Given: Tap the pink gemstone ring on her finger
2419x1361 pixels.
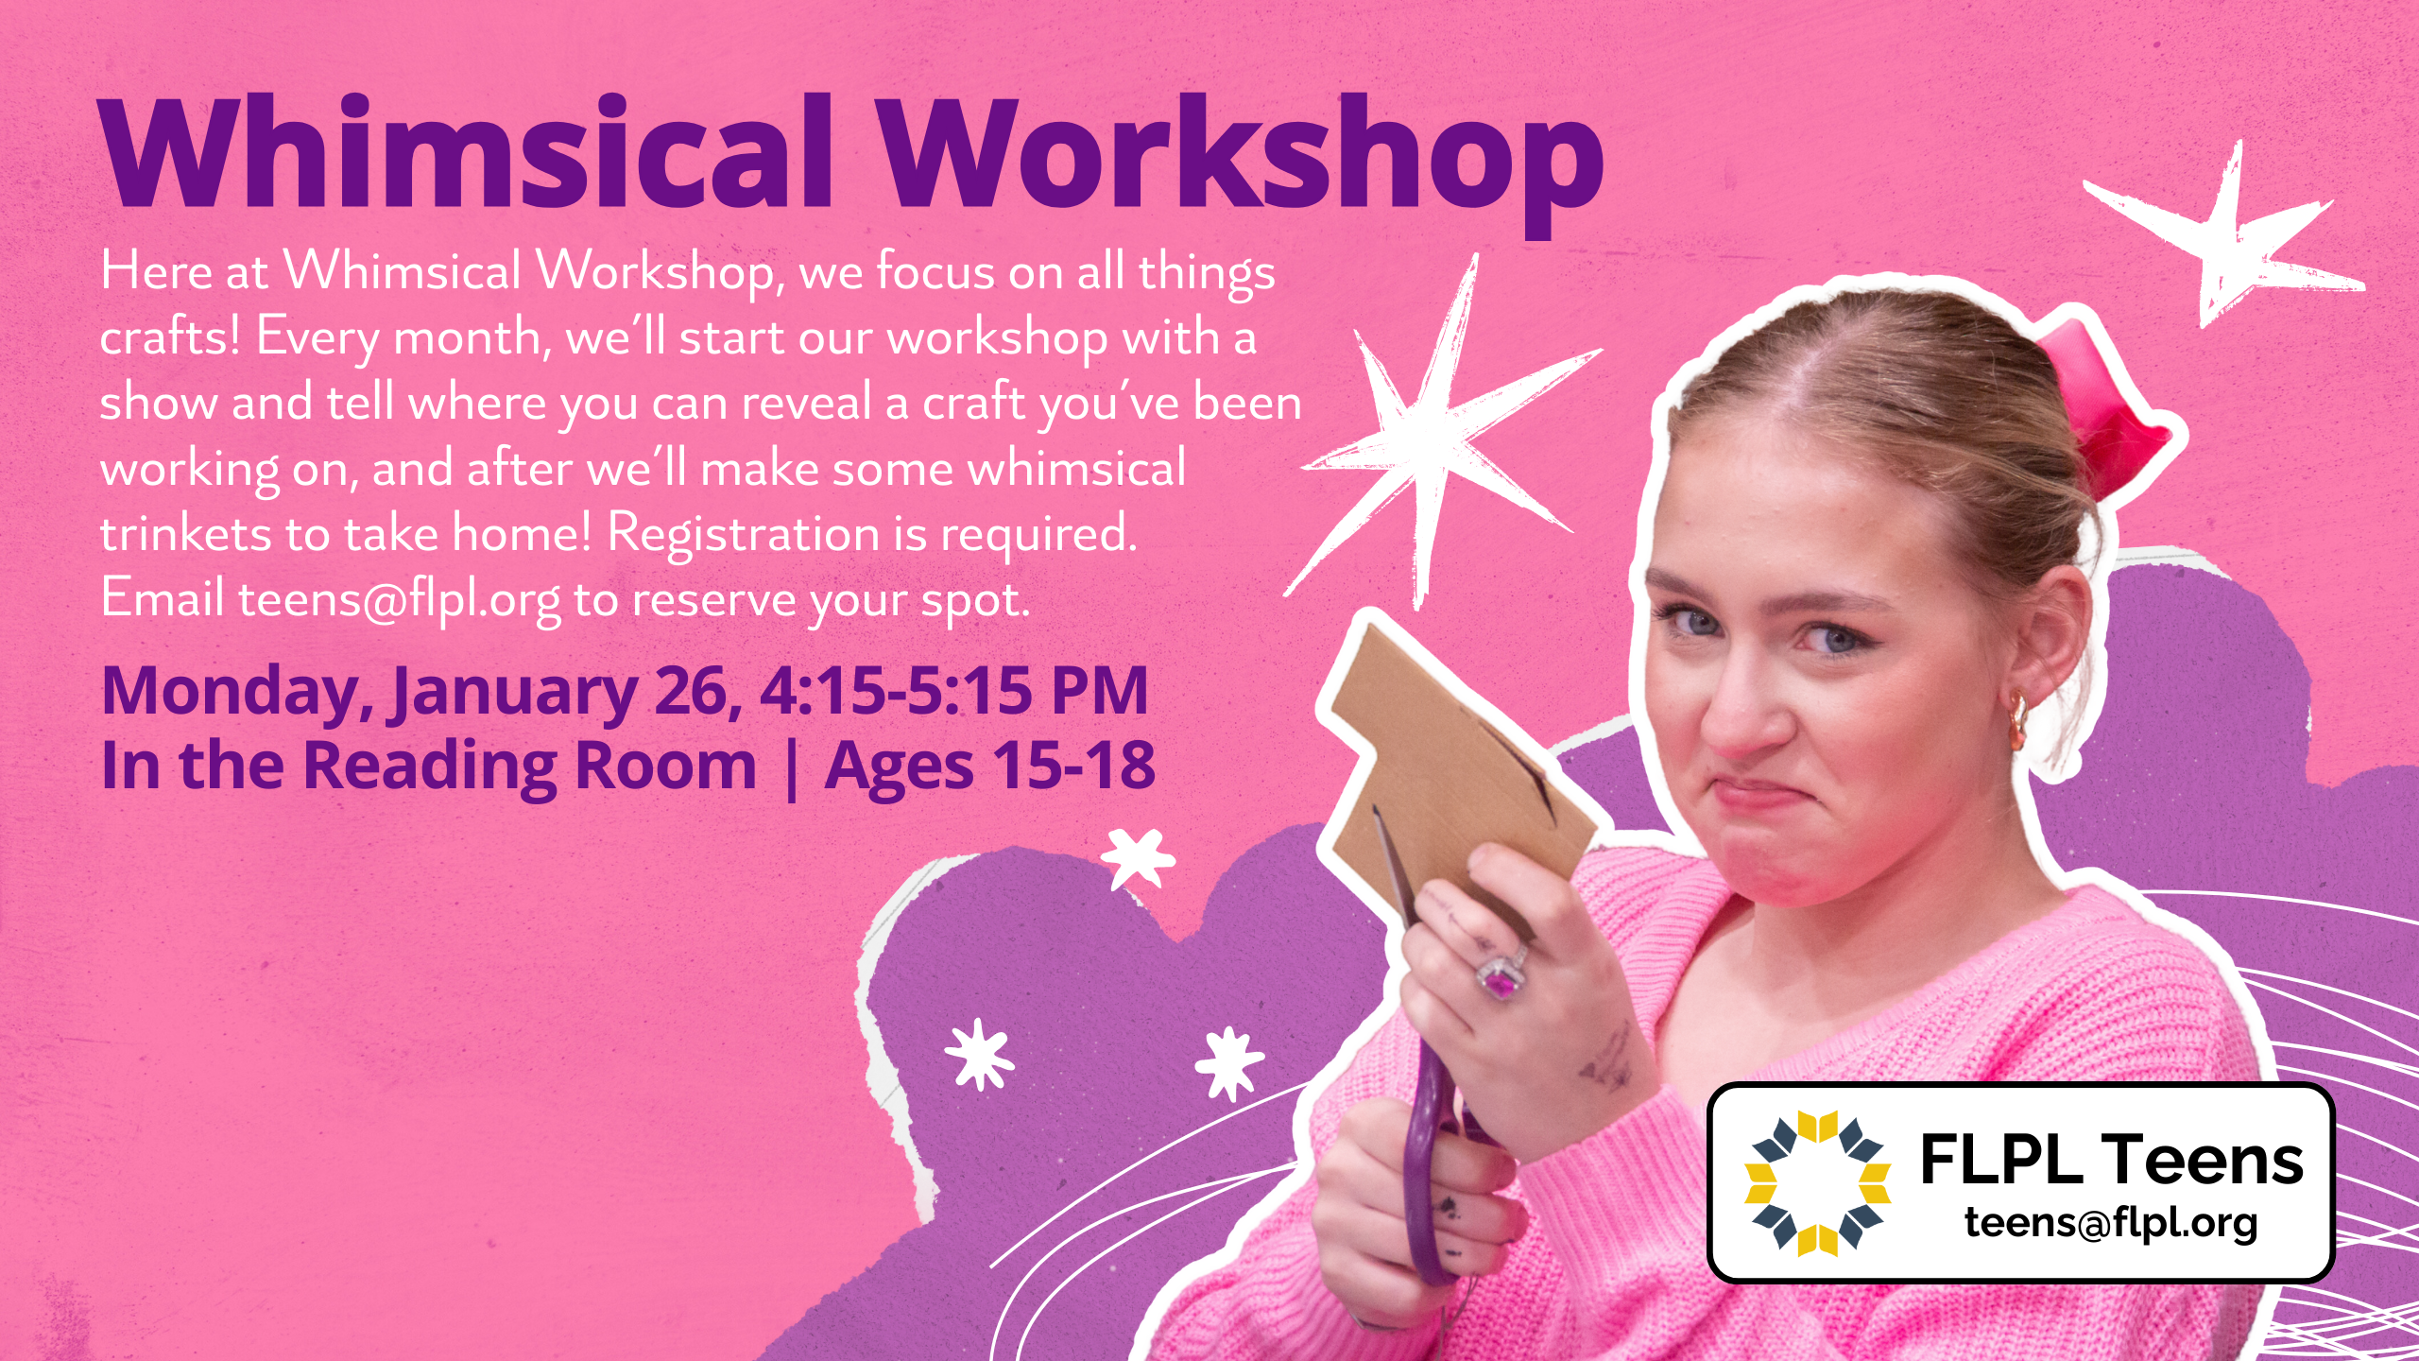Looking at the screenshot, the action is pyautogui.click(x=1501, y=978).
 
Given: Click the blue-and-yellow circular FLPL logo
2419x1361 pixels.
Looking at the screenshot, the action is pyautogui.click(x=1816, y=1182).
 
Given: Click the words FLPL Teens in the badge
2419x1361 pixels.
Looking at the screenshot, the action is pyautogui.click(x=2113, y=1160).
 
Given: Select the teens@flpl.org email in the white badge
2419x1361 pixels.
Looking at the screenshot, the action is pyautogui.click(x=2112, y=1222).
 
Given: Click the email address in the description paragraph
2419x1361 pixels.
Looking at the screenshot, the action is pyautogui.click(x=399, y=600).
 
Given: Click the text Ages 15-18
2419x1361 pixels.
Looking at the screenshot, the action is pyautogui.click(x=990, y=767).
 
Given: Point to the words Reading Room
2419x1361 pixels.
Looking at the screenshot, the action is pyautogui.click(x=529, y=767).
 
